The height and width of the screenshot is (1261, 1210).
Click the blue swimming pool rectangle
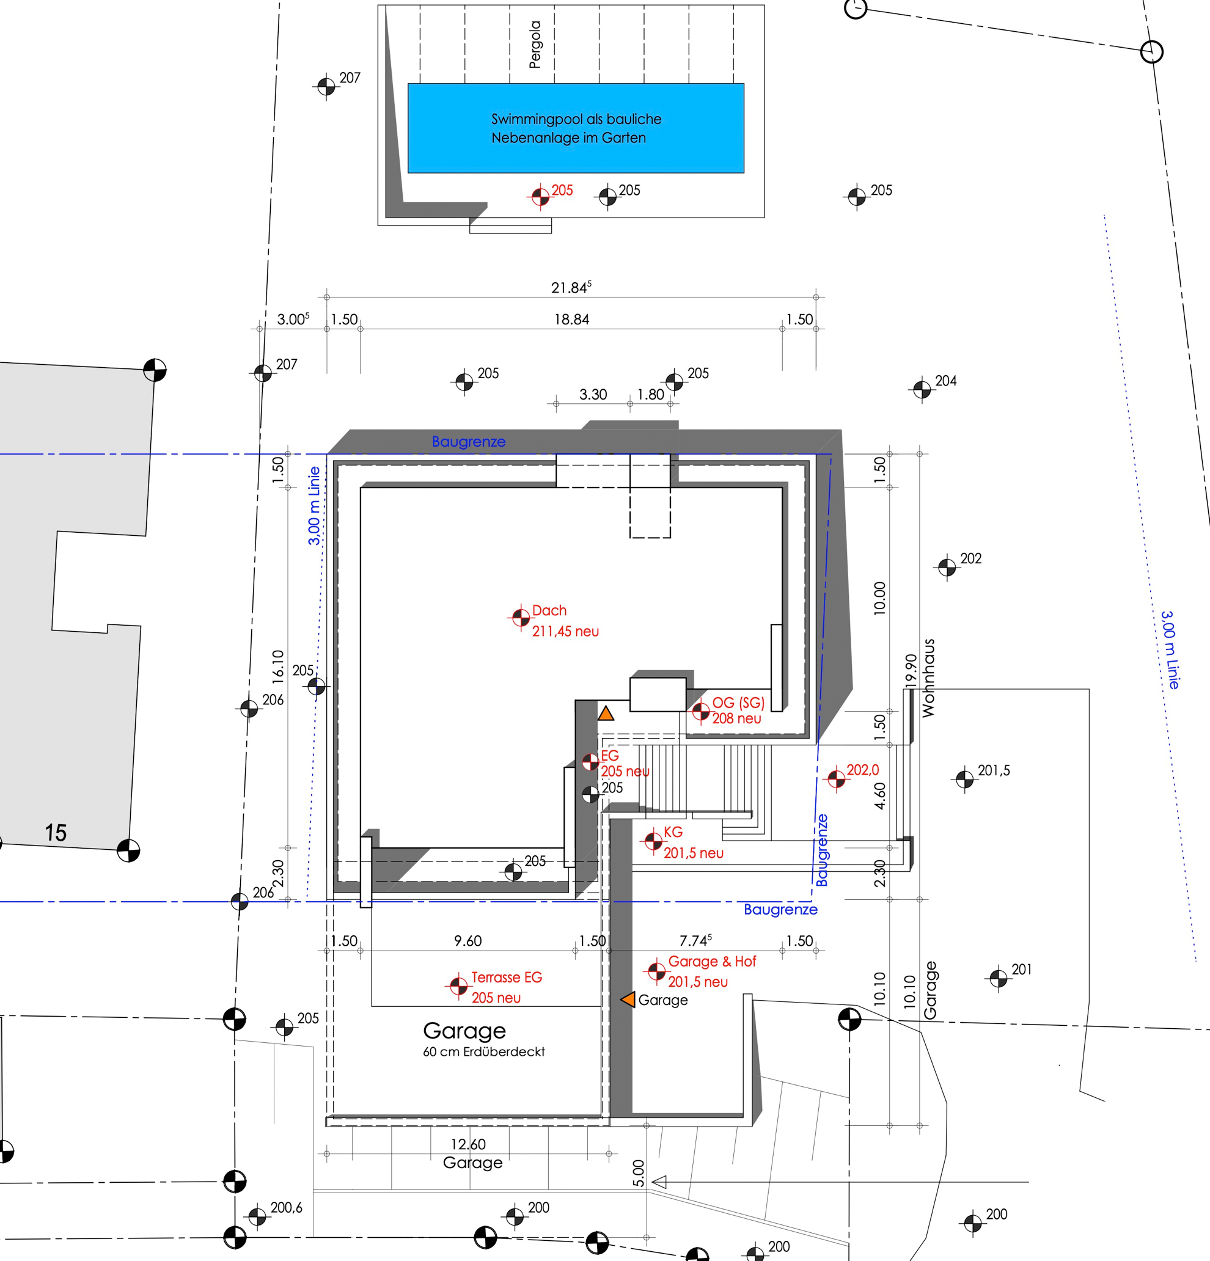pos(576,128)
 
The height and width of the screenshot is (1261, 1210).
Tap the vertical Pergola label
pos(535,45)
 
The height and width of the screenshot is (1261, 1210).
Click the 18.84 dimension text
pos(571,319)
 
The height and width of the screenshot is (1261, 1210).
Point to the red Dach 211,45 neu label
pos(565,621)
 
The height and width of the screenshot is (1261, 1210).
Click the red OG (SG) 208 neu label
pos(738,711)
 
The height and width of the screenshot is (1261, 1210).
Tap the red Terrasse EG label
pos(507,978)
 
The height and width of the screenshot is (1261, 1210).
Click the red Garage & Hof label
pos(712,961)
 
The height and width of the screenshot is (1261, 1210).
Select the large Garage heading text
pos(464,1031)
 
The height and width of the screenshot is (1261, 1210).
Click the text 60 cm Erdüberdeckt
pos(483,1051)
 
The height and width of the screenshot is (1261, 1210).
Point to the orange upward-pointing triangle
pos(606,713)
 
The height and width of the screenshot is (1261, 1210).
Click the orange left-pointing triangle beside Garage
pos(628,999)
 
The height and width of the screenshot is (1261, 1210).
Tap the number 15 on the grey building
pos(56,833)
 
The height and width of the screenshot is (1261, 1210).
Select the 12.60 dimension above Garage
pos(468,1144)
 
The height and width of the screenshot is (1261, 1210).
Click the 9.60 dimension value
pos(468,941)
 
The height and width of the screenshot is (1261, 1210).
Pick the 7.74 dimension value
pos(695,940)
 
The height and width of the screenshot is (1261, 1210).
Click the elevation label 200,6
pos(287,1208)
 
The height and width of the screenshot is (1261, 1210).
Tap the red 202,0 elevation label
pos(862,769)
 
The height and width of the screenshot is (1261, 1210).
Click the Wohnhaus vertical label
pos(928,678)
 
